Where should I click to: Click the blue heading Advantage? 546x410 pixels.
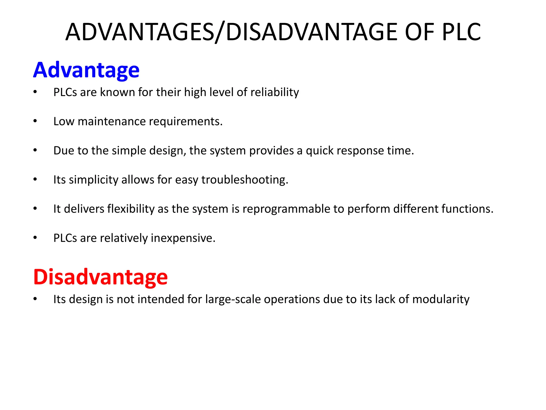coord(86,70)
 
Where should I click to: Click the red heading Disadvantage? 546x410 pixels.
coord(100,277)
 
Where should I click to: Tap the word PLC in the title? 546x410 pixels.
coord(461,32)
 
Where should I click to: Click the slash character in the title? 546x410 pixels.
coord(220,32)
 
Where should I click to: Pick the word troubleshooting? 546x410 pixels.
coord(244,180)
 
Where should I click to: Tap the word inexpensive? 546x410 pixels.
coord(183,238)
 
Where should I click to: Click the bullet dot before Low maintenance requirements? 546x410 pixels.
coord(35,121)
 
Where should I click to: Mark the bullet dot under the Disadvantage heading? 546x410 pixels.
coord(35,299)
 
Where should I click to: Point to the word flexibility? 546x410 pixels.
coord(131,209)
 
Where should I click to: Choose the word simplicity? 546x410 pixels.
coord(93,180)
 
